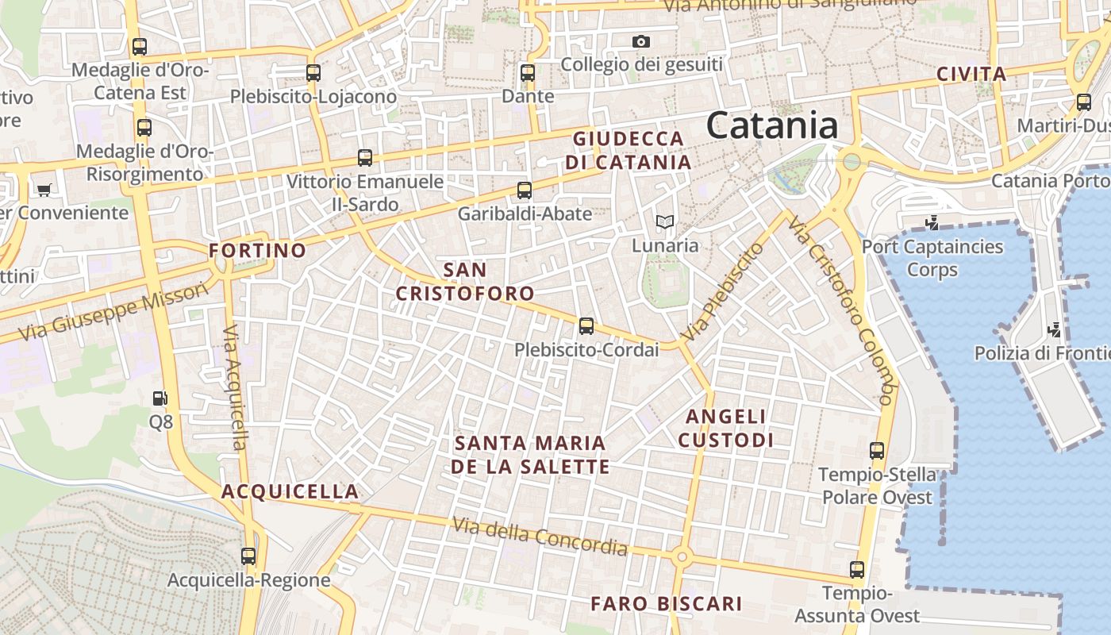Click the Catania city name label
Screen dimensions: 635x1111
771,125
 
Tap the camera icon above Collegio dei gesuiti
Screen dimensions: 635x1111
640,41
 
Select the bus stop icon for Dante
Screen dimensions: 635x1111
528,73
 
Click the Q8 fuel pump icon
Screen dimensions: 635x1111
160,398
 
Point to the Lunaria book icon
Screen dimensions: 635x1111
665,222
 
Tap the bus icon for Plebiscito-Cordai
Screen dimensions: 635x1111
586,326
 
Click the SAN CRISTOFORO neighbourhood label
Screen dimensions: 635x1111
465,281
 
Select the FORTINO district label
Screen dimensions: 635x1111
257,251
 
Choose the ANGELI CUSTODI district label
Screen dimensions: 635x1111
726,428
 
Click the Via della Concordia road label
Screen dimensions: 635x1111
540,537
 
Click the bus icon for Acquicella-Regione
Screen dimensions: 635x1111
248,556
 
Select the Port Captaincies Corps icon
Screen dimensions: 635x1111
932,223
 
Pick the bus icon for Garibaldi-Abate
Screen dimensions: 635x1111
525,190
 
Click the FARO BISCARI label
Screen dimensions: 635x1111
667,604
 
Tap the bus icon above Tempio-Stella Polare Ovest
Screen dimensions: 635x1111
877,451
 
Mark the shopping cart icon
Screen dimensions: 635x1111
44,190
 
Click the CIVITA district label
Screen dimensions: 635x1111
971,75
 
